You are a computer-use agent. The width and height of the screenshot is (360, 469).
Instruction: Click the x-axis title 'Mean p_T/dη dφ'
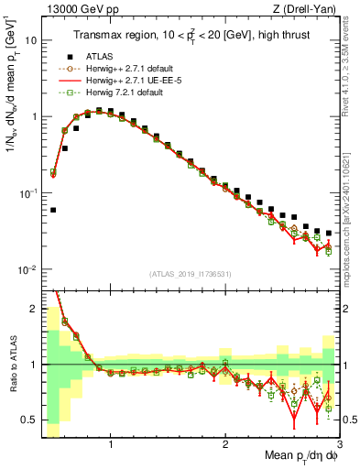(x=294, y=456)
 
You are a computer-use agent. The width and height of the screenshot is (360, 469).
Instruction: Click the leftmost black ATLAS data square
(x=53, y=210)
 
